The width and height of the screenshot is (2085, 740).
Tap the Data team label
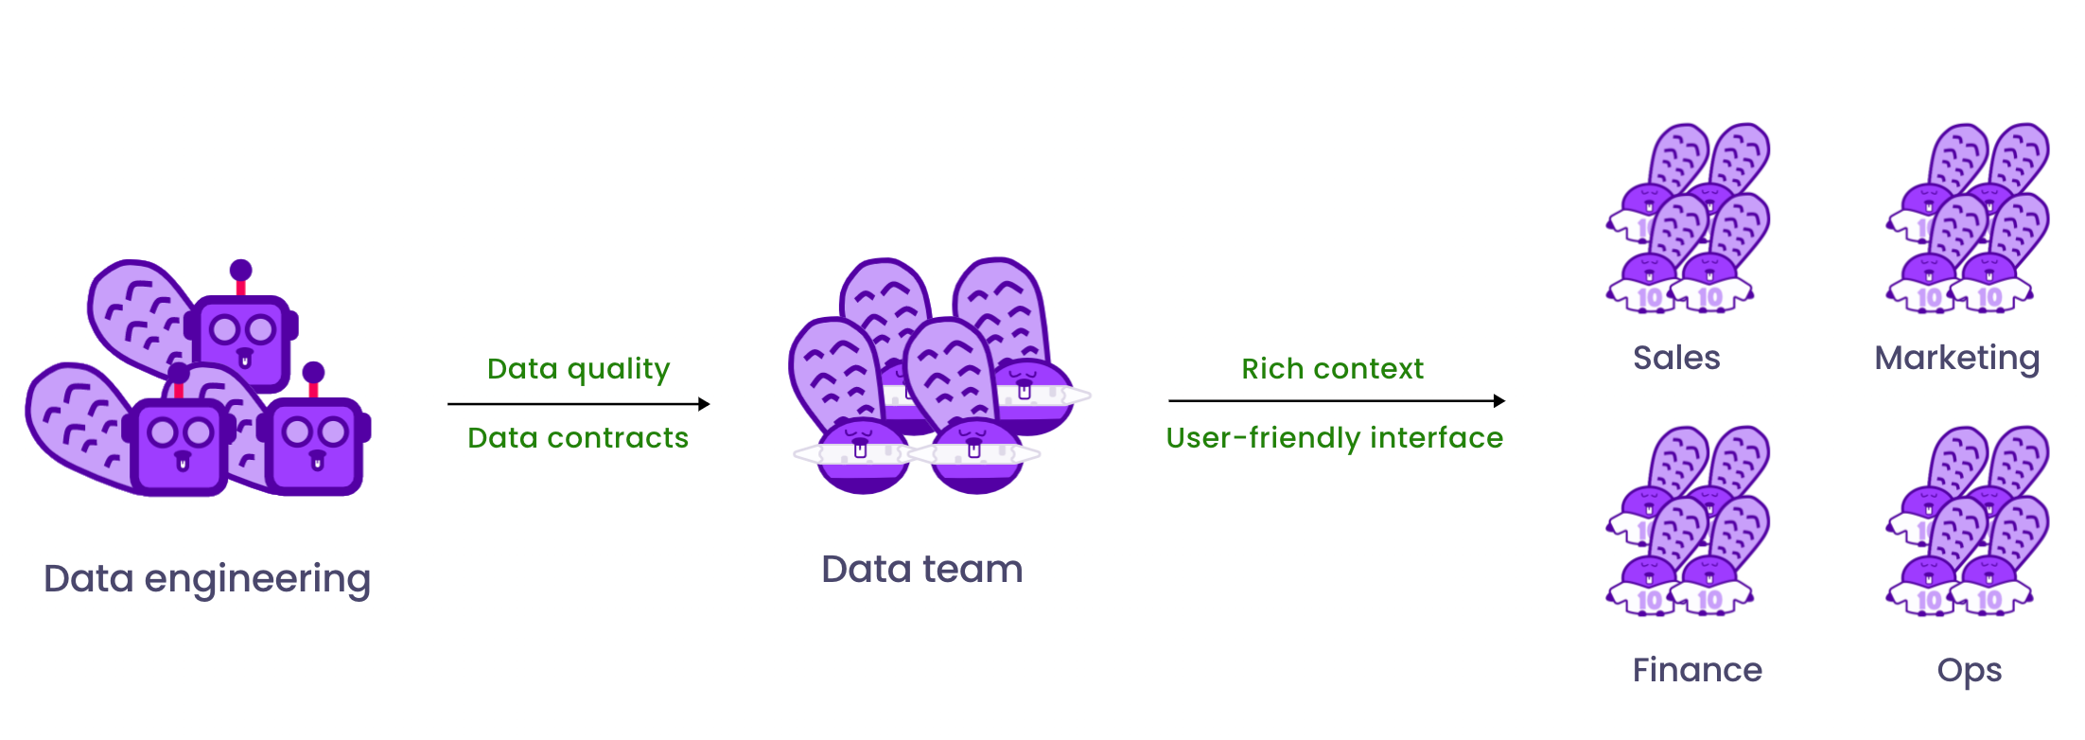tap(922, 570)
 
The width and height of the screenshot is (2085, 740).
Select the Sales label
tap(1676, 358)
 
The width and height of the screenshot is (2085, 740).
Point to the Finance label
tap(1697, 670)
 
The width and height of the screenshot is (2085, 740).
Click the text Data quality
tap(578, 369)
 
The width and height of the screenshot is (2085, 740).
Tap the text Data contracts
tap(578, 438)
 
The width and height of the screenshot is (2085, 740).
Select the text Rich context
tap(1332, 368)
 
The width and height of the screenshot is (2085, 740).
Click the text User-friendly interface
tap(1335, 438)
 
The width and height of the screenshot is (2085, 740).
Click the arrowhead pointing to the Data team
tap(704, 404)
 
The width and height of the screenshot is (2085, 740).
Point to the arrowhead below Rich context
tap(1498, 401)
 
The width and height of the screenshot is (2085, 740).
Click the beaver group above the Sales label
tap(1688, 219)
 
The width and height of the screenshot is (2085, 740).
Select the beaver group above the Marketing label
tap(1969, 219)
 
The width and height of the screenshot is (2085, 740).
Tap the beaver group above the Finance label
tap(1688, 521)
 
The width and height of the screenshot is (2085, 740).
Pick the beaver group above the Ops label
tap(1969, 521)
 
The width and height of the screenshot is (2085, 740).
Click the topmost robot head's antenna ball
tap(241, 271)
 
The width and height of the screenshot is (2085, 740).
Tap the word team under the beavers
tap(973, 570)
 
